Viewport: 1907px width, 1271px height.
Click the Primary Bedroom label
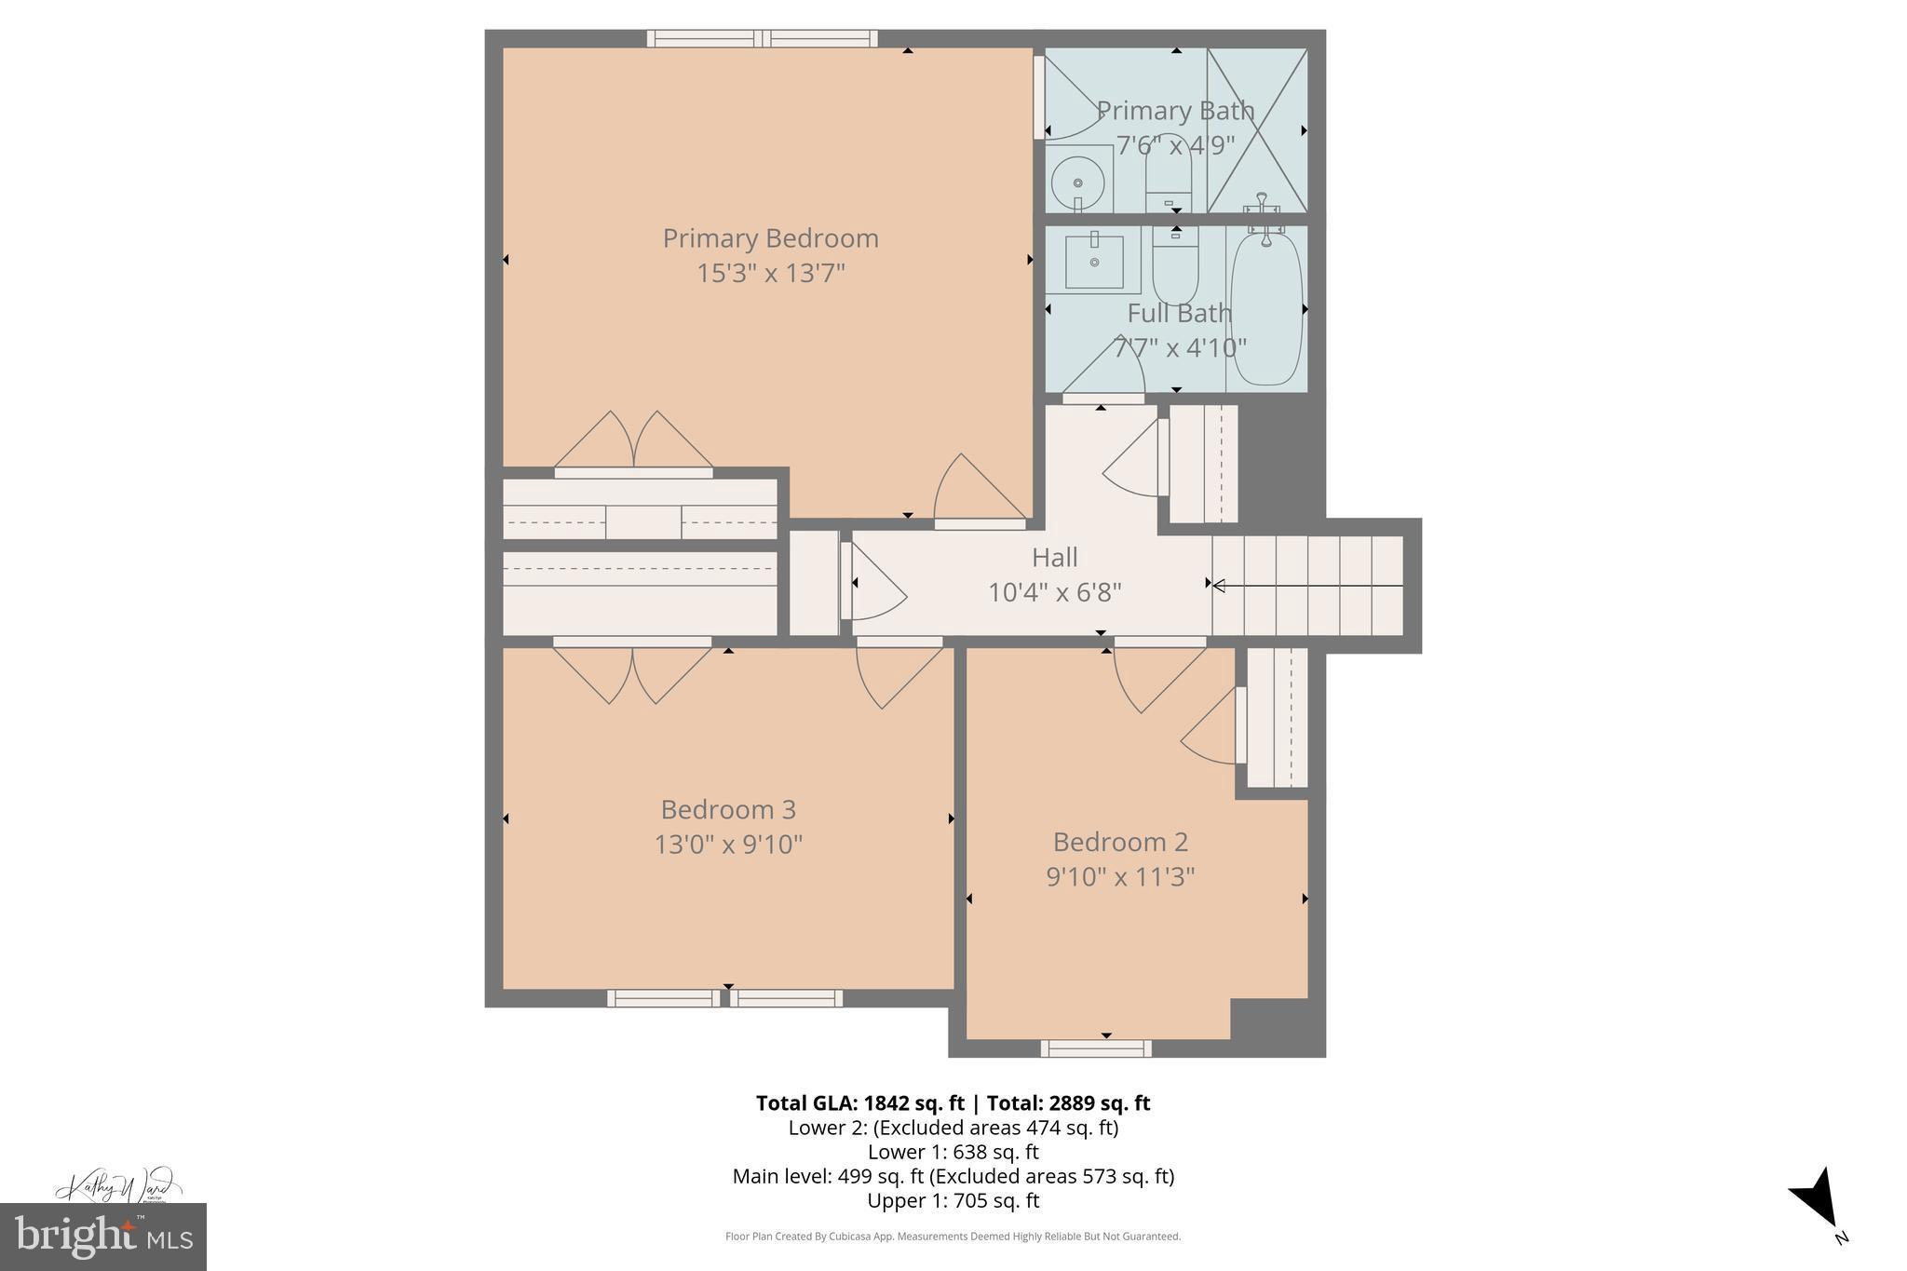[770, 238]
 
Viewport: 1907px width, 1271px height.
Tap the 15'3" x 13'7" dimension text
[770, 274]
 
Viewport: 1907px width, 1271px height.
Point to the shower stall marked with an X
[1257, 130]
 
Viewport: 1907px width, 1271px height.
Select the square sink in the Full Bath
[1094, 263]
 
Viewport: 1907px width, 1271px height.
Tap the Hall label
[1054, 558]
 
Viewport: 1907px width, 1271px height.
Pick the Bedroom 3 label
[729, 809]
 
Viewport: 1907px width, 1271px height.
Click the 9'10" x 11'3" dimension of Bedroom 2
[1120, 877]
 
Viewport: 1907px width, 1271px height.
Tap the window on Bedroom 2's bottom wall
[1096, 1048]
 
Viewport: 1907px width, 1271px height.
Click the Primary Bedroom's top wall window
[763, 38]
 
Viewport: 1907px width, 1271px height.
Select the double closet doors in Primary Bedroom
[633, 442]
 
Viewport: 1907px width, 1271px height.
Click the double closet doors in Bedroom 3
[633, 672]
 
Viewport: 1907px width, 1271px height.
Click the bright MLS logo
[102, 1237]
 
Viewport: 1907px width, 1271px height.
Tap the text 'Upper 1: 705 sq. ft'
[953, 1200]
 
